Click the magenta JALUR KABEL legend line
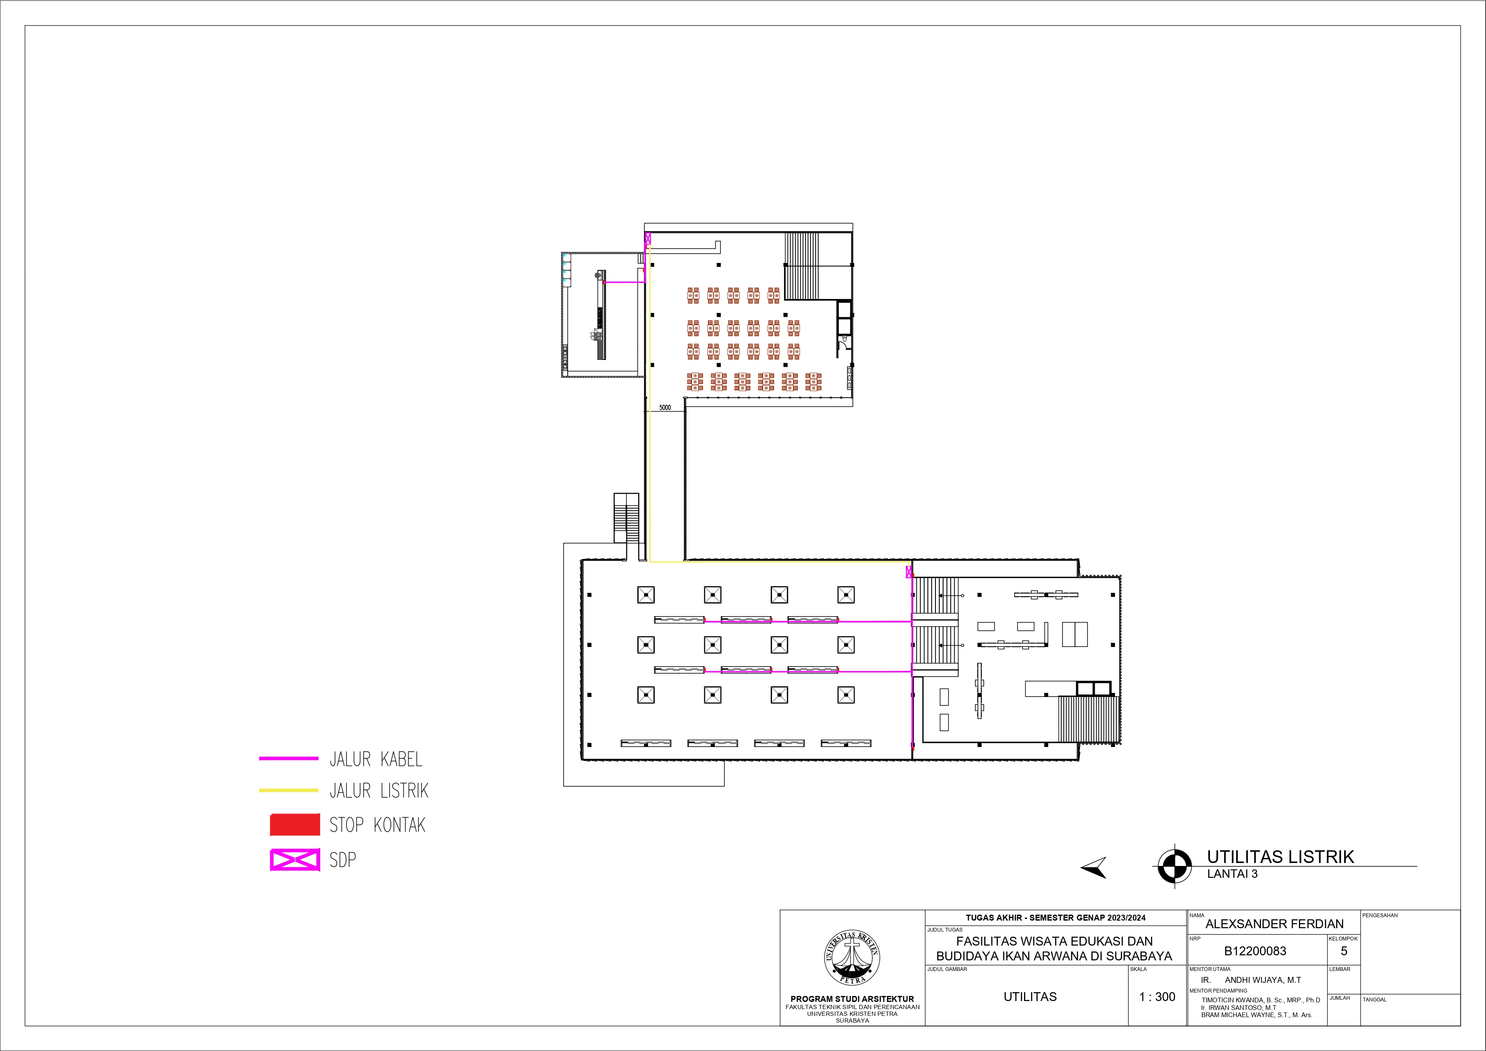tap(289, 758)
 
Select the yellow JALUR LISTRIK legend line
tap(289, 790)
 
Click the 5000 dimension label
tap(665, 408)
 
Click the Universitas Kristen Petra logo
tap(852, 958)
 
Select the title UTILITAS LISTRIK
tap(1280, 857)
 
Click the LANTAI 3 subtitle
tap(1232, 874)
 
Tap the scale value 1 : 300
tap(1157, 997)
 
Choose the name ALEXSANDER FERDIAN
tap(1274, 924)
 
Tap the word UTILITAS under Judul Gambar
tap(1030, 997)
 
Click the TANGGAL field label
tap(1374, 1000)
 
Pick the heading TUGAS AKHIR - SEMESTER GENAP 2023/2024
tap(1056, 918)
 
